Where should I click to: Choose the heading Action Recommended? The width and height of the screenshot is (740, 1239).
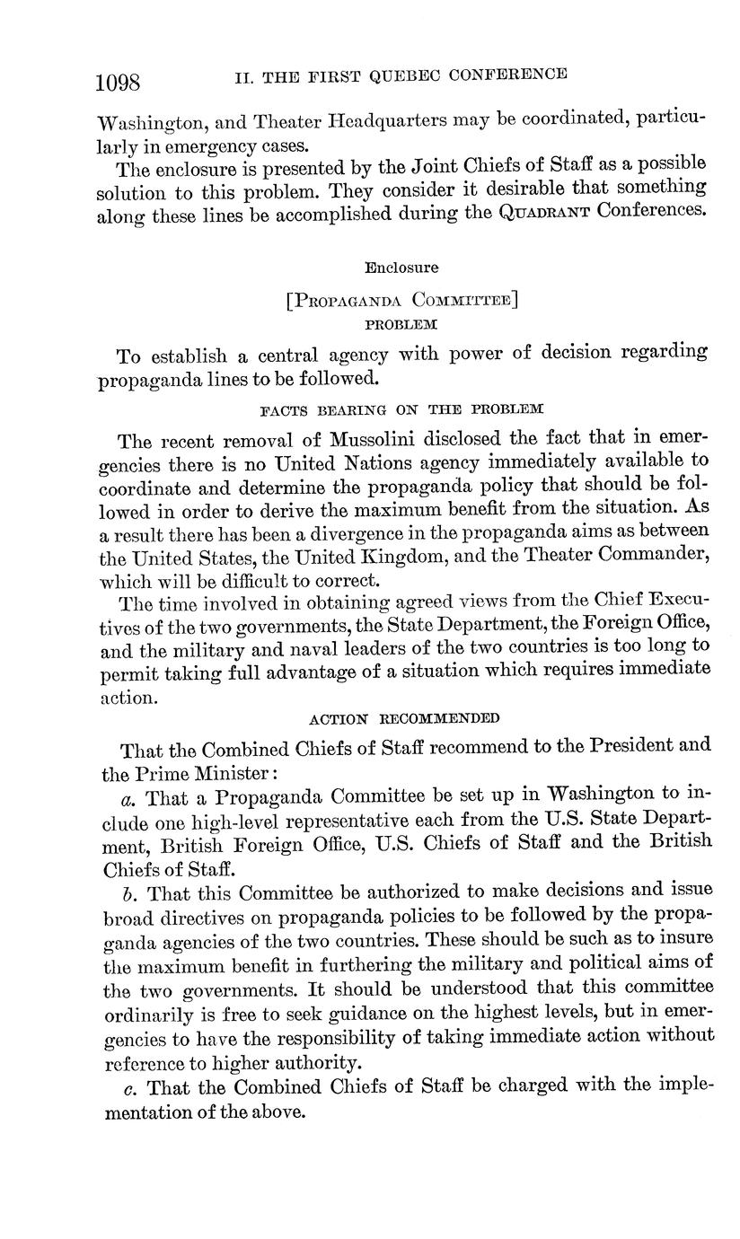coord(403,718)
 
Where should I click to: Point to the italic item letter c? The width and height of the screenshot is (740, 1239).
coord(128,1088)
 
